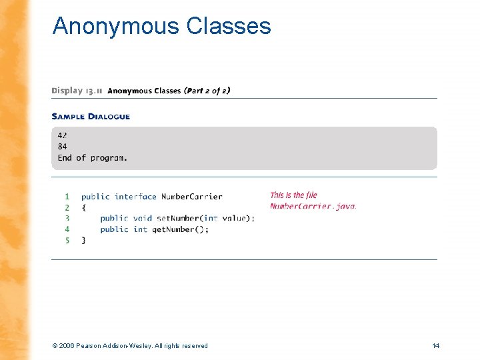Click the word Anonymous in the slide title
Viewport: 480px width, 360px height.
tap(116, 26)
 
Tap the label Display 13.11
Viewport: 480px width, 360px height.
tap(76, 91)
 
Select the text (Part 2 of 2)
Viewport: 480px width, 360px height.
tap(207, 91)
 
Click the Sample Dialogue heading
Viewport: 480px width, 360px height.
tap(91, 117)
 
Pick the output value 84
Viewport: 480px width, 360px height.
tap(62, 147)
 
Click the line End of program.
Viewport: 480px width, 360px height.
tap(92, 158)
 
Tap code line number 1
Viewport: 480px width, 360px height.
tap(67, 197)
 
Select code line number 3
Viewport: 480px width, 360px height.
tap(67, 218)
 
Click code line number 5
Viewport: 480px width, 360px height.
tap(67, 240)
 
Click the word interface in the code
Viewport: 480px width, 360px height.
tap(135, 197)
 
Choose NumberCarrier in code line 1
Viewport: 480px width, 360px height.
tap(192, 197)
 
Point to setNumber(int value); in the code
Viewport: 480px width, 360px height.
tap(206, 218)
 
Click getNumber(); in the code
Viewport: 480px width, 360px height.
tap(181, 229)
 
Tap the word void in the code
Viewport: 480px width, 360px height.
tap(143, 218)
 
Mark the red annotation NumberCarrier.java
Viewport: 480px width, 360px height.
tap(313, 207)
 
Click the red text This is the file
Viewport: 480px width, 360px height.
tap(293, 195)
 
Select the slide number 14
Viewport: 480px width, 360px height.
tap(436, 345)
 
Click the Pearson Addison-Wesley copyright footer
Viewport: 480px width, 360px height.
tap(129, 345)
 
